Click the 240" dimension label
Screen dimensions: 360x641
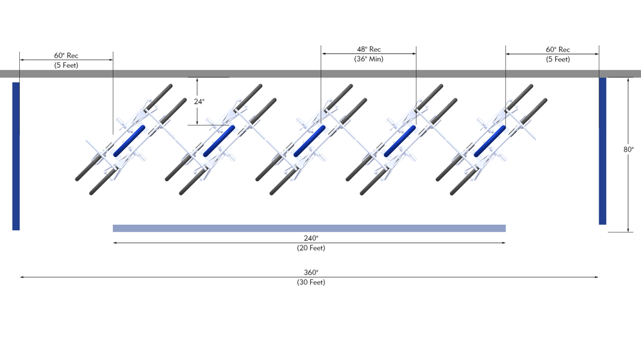pos(310,238)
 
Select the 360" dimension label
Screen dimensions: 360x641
pos(310,272)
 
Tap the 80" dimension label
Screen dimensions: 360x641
pos(628,149)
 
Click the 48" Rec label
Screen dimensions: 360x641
pos(369,49)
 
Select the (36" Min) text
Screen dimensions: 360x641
pos(369,59)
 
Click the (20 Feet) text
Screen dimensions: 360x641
pos(310,248)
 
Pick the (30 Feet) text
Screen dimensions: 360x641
pos(310,282)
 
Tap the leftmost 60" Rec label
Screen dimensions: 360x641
pos(66,55)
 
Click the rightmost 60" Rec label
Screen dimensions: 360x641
pos(558,49)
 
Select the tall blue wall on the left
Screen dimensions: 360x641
pos(16,156)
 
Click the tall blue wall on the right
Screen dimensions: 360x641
pos(603,151)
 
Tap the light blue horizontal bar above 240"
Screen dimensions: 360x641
pos(309,228)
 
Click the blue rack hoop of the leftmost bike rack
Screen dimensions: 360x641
pos(129,141)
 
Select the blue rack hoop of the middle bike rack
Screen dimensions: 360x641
pos(310,141)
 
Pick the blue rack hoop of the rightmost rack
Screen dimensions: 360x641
pos(490,141)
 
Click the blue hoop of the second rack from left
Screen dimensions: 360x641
pos(219,141)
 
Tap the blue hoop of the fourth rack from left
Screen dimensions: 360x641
pos(400,141)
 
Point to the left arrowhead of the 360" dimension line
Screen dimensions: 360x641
pos(22,277)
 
